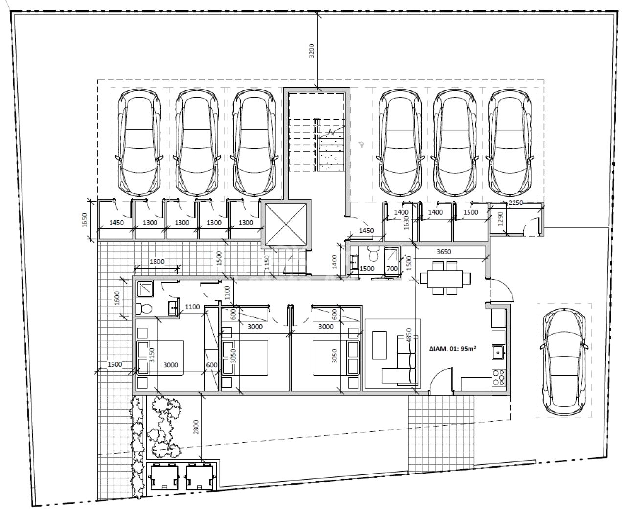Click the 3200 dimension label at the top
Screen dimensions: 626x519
(x=312, y=50)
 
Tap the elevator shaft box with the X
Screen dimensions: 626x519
(x=286, y=224)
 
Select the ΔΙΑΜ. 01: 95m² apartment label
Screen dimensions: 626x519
(x=453, y=349)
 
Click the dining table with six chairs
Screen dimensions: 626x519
(x=445, y=278)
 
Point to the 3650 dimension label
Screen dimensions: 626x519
(x=444, y=252)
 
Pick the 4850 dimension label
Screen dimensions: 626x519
(x=408, y=336)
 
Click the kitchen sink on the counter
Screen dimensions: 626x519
(x=498, y=352)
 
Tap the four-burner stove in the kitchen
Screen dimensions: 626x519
(x=499, y=378)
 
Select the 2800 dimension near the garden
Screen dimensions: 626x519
(x=196, y=427)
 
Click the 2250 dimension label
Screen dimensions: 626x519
(x=515, y=203)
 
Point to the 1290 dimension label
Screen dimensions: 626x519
(x=500, y=219)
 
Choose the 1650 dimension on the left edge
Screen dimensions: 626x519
(x=84, y=220)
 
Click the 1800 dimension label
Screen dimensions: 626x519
(x=157, y=261)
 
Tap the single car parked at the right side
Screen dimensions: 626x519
(x=564, y=360)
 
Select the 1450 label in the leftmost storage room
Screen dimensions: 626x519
(x=116, y=223)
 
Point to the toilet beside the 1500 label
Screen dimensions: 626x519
(x=374, y=254)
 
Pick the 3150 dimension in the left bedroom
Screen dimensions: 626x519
(x=152, y=355)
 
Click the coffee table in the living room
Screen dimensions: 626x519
(x=379, y=345)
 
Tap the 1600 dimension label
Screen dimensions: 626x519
(x=117, y=298)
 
